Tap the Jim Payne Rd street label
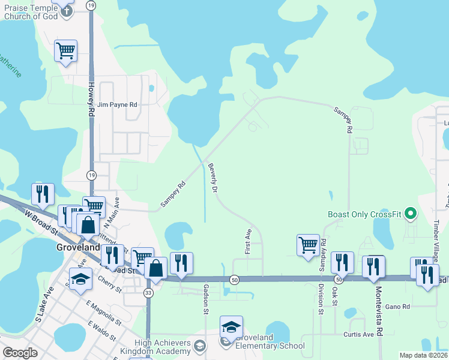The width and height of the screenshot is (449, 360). (x=118, y=104)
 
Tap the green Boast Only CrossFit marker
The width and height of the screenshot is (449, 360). (x=411, y=214)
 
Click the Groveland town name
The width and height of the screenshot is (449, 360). (x=77, y=247)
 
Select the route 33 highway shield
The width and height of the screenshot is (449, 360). (x=149, y=292)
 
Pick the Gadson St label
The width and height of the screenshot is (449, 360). (x=206, y=299)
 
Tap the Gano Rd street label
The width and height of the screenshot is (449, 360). (x=397, y=307)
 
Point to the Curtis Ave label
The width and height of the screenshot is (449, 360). (x=359, y=334)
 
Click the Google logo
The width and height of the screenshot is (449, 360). (x=20, y=353)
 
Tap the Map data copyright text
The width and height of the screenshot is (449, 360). (x=423, y=355)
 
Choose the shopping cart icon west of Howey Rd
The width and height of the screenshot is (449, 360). (x=65, y=51)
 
